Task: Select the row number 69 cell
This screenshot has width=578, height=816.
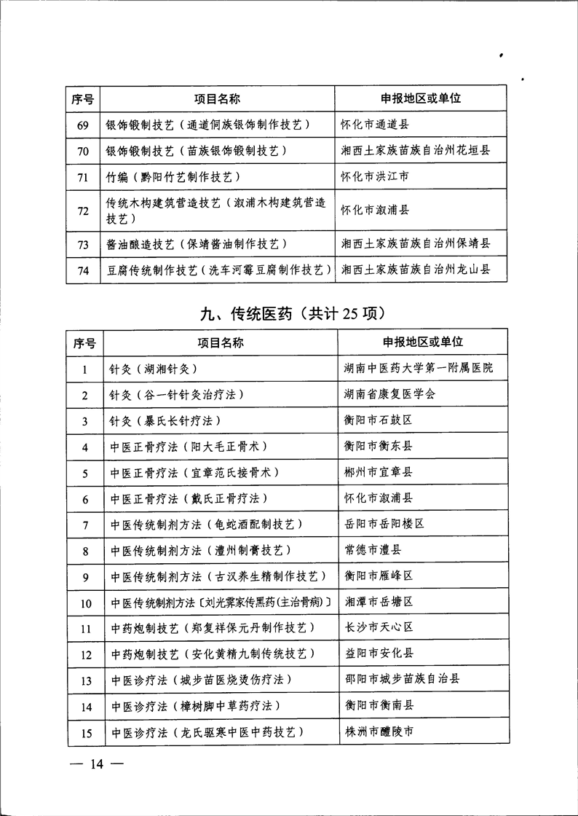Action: pos(83,125)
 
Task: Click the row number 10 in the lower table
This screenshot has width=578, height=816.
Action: pos(86,603)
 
